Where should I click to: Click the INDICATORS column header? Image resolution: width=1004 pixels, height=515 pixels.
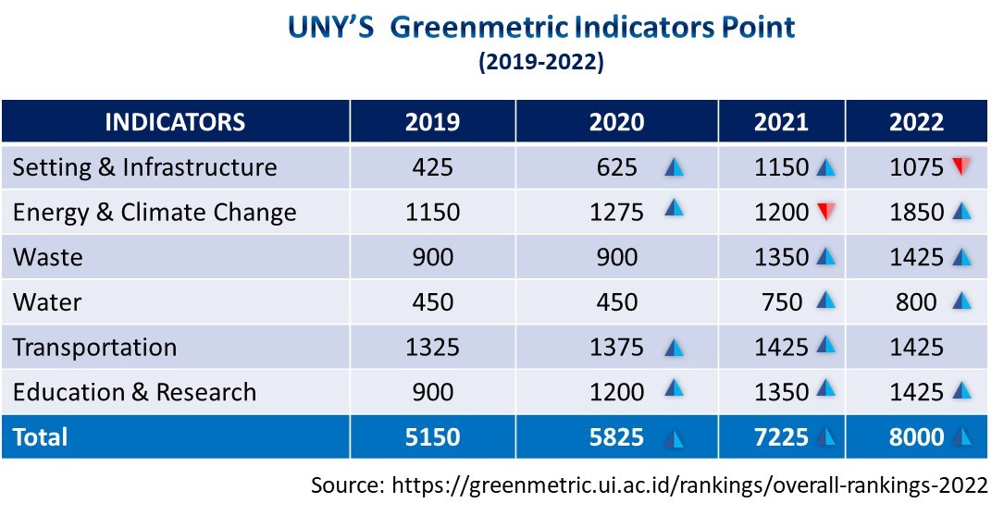pos(175,122)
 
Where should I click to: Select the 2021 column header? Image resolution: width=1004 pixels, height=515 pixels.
pos(782,122)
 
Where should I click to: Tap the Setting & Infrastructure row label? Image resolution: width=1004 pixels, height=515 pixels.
pos(144,167)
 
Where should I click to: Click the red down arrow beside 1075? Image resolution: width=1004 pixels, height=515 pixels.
pos(961,167)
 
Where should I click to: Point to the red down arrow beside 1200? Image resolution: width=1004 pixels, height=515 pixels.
pos(825,213)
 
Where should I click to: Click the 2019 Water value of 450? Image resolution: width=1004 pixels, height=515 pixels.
pos(432,302)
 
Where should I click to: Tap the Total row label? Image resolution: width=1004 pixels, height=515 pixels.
pos(40,436)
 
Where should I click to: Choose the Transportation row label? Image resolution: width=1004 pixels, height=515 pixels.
pos(94,348)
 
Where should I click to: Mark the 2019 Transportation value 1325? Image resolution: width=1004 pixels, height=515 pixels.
pos(432,348)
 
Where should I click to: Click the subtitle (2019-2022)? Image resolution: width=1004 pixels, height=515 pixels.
pos(540,63)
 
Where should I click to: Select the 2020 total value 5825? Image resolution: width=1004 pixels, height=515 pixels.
pos(617,436)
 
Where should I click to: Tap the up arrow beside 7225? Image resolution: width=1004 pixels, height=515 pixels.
pos(825,436)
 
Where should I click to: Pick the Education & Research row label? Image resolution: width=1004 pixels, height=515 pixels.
pos(134,392)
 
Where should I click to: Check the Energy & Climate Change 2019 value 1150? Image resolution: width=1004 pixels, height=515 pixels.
pos(432,213)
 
